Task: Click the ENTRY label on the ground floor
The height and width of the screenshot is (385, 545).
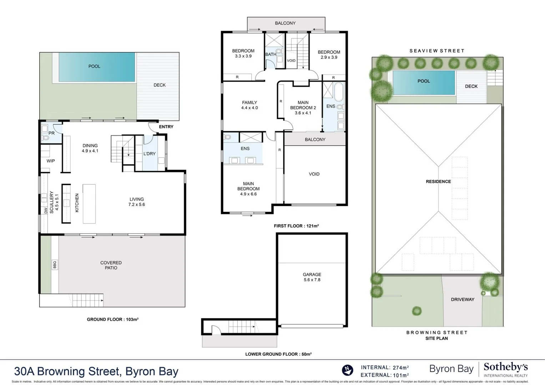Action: [166, 127]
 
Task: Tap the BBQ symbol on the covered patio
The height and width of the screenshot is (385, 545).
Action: [55, 265]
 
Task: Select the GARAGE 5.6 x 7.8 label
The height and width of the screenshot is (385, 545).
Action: [312, 277]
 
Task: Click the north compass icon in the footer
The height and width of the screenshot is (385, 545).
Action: [347, 370]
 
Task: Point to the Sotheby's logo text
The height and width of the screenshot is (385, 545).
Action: [505, 367]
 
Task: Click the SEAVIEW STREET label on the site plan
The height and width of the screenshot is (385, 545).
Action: [437, 51]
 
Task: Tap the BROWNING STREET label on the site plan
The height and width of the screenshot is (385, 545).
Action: [437, 332]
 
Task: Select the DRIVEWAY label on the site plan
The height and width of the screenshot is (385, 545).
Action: [462, 299]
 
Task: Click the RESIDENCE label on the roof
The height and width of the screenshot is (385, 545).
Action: [438, 181]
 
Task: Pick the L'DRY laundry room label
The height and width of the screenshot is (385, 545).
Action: [149, 154]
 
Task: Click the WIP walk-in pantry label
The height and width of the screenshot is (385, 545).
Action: [51, 161]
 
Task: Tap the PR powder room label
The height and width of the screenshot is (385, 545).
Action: [51, 133]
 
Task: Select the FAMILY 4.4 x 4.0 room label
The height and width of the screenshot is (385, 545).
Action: [249, 105]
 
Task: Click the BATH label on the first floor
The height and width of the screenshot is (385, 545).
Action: [271, 55]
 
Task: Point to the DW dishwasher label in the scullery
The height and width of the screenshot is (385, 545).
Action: [46, 211]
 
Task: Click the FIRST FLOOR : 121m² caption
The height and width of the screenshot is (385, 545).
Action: [296, 226]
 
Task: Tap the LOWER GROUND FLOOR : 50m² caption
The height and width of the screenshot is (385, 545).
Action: [278, 354]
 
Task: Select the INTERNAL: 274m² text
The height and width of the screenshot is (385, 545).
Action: [385, 367]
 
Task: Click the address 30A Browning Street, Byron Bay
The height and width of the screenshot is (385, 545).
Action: [96, 371]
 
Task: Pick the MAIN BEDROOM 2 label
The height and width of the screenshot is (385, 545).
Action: [303, 108]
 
